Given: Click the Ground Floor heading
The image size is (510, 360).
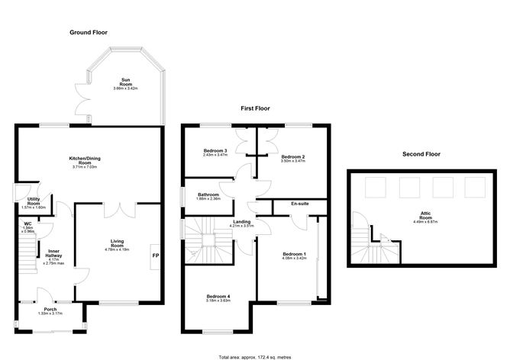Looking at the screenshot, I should coord(89,33).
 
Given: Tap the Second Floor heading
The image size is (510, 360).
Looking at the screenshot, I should coord(421,154).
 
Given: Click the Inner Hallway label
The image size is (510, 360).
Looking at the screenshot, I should coord(54,252).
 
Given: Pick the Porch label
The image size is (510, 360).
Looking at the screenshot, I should coord(50,310).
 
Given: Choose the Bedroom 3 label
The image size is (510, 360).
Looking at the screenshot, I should coord(216,150).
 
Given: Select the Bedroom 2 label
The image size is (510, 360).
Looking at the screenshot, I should coord(292,156).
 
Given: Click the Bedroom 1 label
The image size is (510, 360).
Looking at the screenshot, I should coord(294,254).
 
